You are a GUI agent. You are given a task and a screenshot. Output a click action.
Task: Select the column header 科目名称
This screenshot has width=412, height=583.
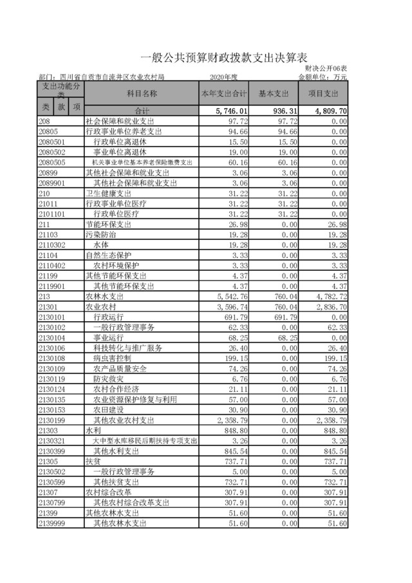click(141, 93)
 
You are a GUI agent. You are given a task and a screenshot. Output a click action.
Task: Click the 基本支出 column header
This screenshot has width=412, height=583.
click(273, 93)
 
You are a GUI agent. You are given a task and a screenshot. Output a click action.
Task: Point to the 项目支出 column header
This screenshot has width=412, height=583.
click(323, 93)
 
